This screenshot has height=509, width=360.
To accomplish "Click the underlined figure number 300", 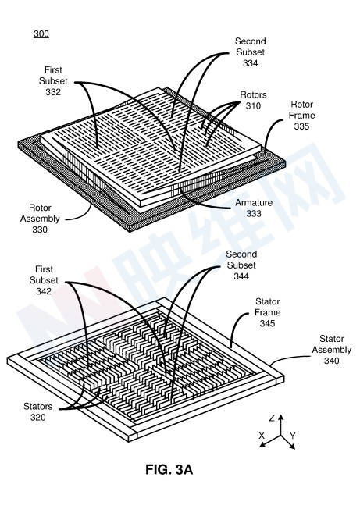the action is tap(41, 34).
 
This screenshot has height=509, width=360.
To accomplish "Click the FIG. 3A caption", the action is tap(169, 469).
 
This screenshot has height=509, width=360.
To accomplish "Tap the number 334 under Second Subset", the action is tap(250, 63).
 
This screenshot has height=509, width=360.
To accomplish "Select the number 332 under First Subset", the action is tap(53, 92).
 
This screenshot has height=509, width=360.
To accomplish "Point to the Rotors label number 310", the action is tap(253, 105).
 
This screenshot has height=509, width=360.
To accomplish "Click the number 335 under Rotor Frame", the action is tap(301, 126).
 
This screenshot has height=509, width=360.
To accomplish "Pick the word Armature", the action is tap(254, 202).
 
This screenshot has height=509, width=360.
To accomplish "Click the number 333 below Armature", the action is tap(254, 213).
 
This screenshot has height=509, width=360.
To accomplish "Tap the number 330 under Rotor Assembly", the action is tap(40, 230).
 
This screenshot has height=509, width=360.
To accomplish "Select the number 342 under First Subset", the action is tap(44, 291).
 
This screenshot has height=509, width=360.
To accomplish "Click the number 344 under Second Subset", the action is tap(241, 276).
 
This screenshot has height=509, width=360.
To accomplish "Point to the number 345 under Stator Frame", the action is tap(268, 323).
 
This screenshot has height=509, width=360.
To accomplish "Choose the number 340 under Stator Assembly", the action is tap(331, 361).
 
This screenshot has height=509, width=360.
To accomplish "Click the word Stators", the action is tap(38, 407).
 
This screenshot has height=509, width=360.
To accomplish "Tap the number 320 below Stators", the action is tap(38, 417).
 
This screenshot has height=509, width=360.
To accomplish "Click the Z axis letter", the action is tap(272, 418).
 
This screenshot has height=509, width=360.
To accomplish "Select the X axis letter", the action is tap(262, 436).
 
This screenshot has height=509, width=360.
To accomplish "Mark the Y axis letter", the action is tap(293, 436).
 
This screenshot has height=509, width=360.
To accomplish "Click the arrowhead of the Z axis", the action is tap(281, 417).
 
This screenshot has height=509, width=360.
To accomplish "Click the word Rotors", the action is tap(253, 94).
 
